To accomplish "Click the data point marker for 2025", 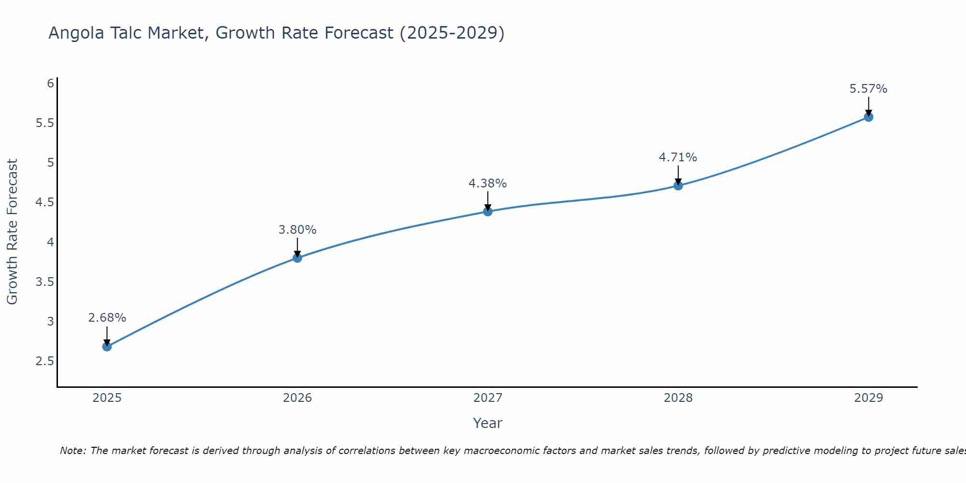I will (x=107, y=346).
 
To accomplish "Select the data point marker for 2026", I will (x=298, y=258).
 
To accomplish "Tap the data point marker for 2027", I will (x=488, y=212).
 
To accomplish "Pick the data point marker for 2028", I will (x=678, y=185).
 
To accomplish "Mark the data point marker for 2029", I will (x=868, y=117).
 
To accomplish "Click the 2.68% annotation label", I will (x=107, y=318).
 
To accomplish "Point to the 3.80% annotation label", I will (x=298, y=230).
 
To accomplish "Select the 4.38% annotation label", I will (x=488, y=184).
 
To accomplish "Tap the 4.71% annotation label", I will (x=678, y=157).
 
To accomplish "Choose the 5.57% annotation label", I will (x=868, y=89).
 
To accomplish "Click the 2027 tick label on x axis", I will (x=488, y=398).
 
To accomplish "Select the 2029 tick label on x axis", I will (x=868, y=398).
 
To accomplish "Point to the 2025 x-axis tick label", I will (x=107, y=398).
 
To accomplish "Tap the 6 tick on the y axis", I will (x=50, y=84).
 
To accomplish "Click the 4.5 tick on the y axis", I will (x=44, y=202).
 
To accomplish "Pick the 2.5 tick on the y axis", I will (x=44, y=361).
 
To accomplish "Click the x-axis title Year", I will (x=488, y=423).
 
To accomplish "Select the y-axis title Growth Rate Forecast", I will (x=12, y=232).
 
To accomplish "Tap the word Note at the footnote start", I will (x=72, y=451).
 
